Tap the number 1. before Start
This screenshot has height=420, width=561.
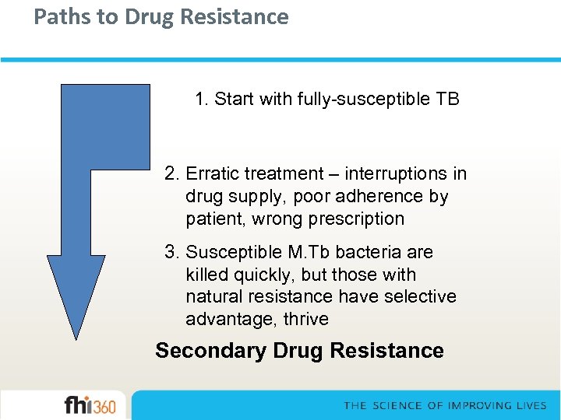click(202, 100)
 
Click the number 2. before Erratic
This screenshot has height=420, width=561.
click(172, 173)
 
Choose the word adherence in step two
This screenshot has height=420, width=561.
click(371, 196)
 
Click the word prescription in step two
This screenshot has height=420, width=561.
click(356, 219)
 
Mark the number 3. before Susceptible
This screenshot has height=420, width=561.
click(172, 252)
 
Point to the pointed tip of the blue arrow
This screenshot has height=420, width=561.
click(76, 338)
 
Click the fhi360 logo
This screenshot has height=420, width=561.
click(90, 405)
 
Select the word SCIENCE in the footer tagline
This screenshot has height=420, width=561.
click(398, 405)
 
